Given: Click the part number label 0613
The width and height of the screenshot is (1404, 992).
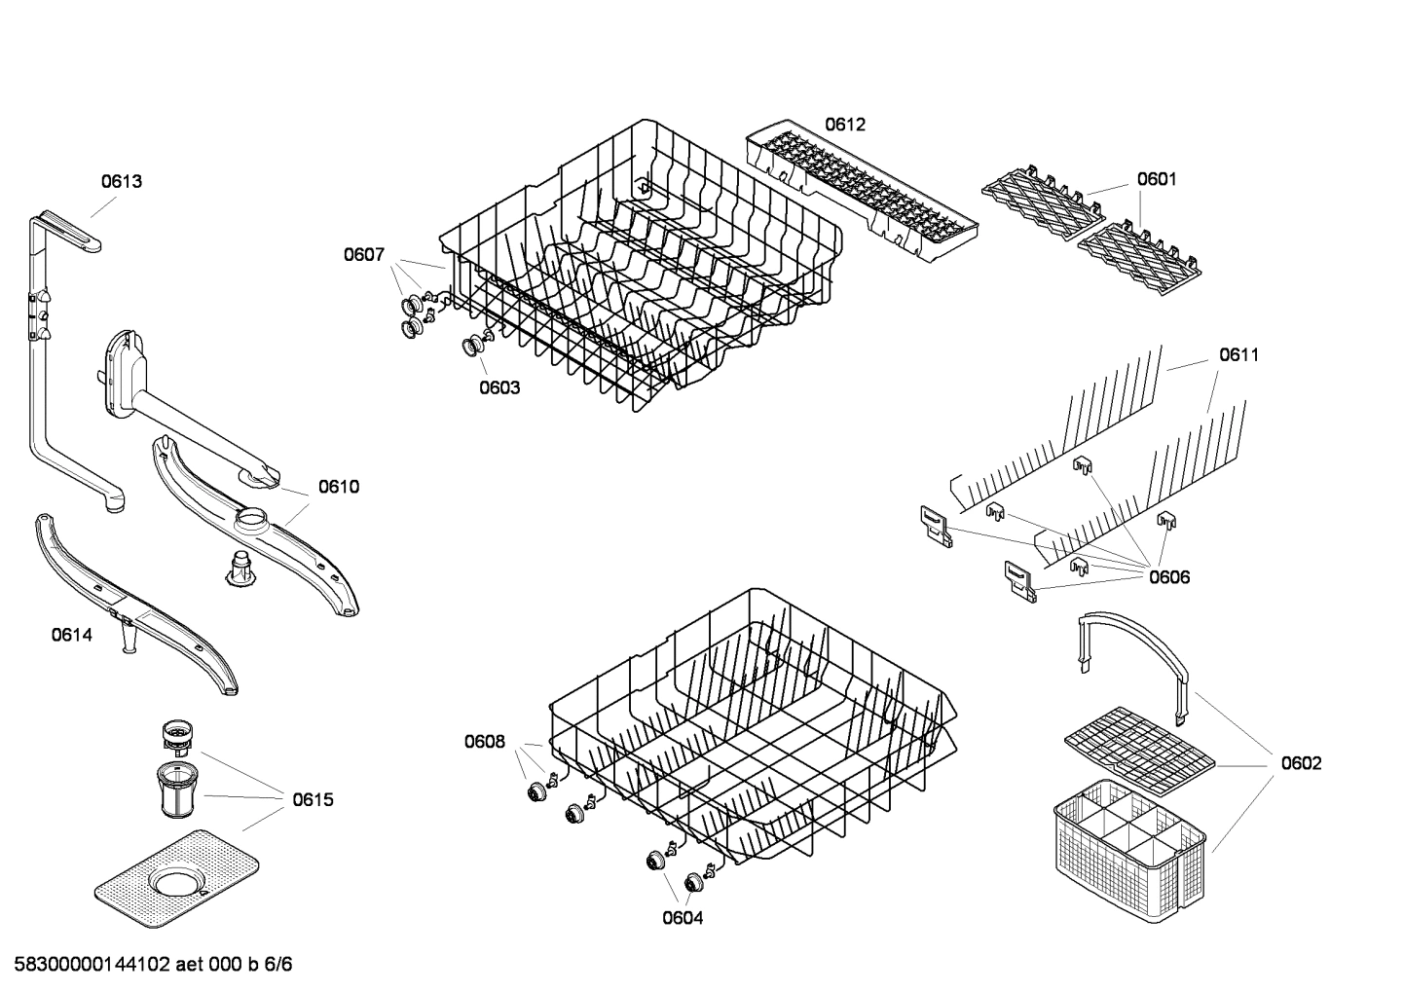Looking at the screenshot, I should (122, 181).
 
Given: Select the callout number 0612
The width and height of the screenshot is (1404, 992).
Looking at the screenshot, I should (844, 125).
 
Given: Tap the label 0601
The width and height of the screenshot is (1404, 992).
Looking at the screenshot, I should (1156, 179).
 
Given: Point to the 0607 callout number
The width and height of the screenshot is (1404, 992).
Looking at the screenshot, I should (363, 255).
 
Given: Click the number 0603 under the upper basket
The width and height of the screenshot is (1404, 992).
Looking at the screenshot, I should (499, 387).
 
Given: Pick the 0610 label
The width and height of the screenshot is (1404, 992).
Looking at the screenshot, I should (338, 487).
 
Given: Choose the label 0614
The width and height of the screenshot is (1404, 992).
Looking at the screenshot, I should (72, 636).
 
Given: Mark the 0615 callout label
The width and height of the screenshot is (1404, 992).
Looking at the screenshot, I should (313, 800).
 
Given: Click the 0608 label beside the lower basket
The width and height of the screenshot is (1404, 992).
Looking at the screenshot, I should (484, 743).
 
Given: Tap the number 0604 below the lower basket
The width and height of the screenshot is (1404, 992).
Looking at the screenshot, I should (683, 918).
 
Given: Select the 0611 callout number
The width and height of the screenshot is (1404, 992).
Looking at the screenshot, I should (1238, 355).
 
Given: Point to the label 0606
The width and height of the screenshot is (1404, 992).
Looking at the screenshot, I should (1168, 577).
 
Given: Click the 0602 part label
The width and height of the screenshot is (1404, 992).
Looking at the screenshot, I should (1301, 763).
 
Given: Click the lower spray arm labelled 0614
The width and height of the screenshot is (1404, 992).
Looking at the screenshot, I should (135, 604).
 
